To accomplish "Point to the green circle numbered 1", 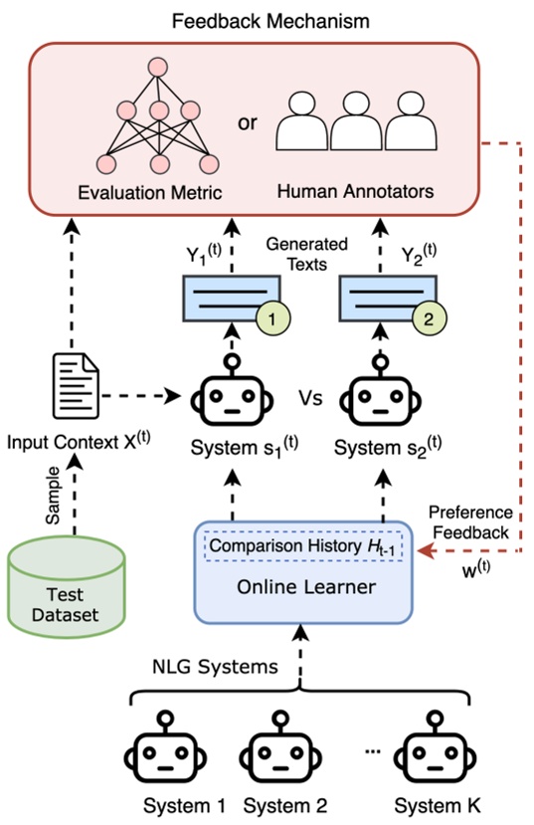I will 272,321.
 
